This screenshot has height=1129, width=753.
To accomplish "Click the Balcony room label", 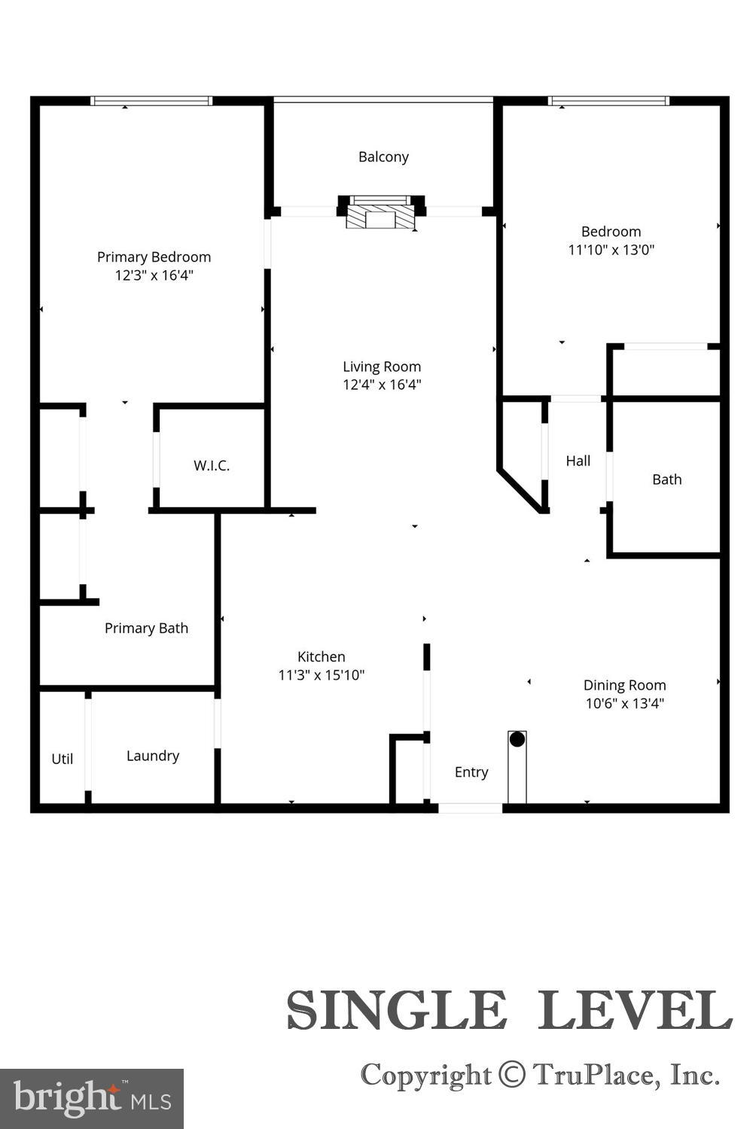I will (383, 157).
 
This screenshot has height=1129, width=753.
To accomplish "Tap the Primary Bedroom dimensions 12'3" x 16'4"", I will (154, 275).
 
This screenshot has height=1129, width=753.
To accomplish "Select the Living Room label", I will (382, 367).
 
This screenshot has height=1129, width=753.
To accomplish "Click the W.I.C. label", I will (212, 466).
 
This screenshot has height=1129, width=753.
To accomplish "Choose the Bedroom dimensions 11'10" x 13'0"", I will (611, 250).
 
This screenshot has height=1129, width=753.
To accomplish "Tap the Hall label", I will (578, 461).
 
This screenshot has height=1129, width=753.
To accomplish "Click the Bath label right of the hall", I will (666, 479).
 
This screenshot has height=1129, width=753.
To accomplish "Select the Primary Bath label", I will (146, 628).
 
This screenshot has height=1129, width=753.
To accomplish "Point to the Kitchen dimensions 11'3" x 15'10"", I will (322, 675).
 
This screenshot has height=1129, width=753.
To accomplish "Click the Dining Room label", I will (624, 685).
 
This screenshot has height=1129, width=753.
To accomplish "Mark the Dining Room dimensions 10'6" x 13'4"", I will (624, 704).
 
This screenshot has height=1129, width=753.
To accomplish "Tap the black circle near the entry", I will (517, 739).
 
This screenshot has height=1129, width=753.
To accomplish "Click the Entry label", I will (471, 772).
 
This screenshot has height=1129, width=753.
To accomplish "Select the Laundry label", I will (153, 756).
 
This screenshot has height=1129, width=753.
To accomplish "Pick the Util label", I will (62, 759).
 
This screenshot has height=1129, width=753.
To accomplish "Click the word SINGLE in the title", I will (396, 1010).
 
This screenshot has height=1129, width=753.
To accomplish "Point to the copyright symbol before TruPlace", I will (512, 1074).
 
